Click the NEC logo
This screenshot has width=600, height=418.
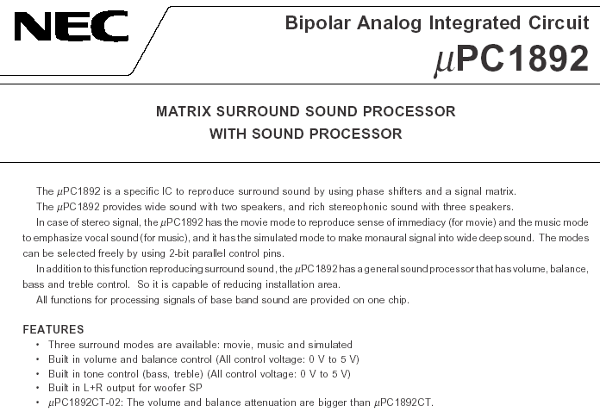coord(72,26)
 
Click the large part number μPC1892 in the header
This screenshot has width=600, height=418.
coord(511,59)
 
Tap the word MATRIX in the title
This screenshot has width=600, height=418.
coord(184,112)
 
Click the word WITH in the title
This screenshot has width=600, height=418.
coord(228,134)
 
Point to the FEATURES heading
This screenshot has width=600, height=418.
coord(53,329)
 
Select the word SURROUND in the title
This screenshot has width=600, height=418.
coord(258,112)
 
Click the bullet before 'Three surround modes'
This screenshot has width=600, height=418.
coord(38,345)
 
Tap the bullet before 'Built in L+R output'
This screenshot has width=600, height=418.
coord(38,388)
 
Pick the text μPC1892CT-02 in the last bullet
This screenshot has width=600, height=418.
coord(84,402)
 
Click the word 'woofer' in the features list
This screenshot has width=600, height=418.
coord(170,388)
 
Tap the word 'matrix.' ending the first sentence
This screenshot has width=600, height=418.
coord(501,191)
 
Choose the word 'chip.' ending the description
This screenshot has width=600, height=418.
coord(399,300)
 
